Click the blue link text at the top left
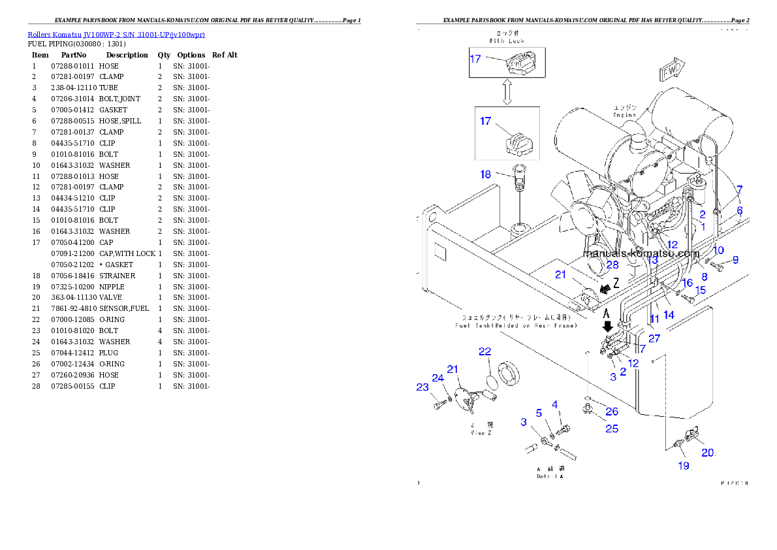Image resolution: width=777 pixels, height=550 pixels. [x=116, y=35]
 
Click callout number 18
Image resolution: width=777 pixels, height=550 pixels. [x=486, y=174]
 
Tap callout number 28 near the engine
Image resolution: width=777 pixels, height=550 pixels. [x=612, y=265]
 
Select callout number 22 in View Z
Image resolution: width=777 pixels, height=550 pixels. [x=484, y=351]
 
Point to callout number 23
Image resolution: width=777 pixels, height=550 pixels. [x=422, y=387]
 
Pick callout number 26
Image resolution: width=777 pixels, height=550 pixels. [x=611, y=411]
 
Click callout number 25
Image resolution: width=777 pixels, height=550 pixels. [x=611, y=429]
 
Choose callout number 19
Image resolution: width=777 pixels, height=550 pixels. [x=683, y=466]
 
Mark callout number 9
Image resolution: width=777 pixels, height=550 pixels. [x=735, y=259]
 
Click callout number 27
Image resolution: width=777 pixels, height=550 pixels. [x=654, y=338]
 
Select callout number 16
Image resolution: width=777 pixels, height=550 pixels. [x=687, y=283]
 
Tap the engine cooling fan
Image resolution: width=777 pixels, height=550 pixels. [x=579, y=210]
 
